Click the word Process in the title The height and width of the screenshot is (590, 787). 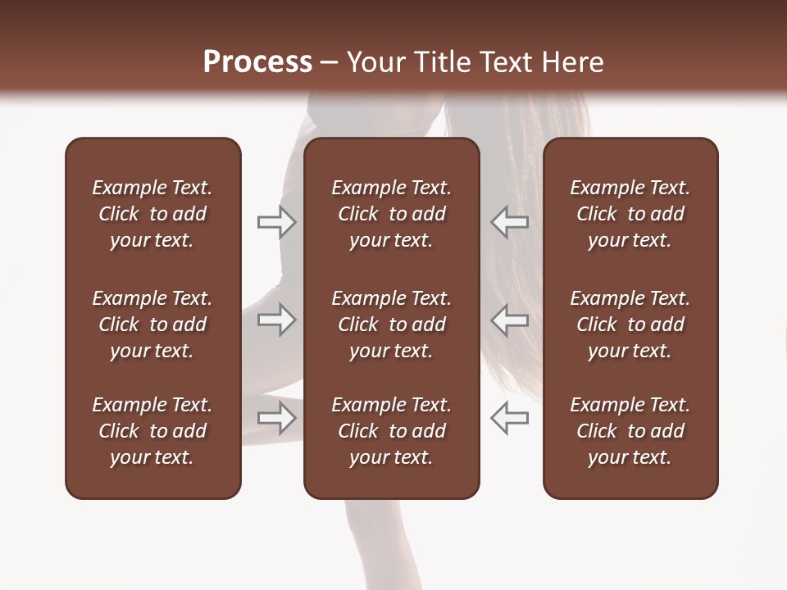[x=257, y=61]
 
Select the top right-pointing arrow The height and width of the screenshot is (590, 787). [x=277, y=222]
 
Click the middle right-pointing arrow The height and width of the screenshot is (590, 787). [x=277, y=320]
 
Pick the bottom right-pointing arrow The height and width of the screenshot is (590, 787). [x=277, y=418]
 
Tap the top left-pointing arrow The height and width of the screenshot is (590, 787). [x=509, y=222]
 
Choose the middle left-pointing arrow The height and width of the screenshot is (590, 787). [x=509, y=320]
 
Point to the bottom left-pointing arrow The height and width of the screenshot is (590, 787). [x=509, y=418]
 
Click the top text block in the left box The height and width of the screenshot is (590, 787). [x=152, y=214]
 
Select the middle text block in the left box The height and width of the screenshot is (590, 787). [x=152, y=324]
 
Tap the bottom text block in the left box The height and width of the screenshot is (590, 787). [x=152, y=431]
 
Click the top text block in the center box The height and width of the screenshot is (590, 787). [x=391, y=214]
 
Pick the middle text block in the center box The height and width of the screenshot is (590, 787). [x=391, y=324]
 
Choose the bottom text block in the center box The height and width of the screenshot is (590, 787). [x=391, y=431]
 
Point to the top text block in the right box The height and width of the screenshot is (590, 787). [x=630, y=214]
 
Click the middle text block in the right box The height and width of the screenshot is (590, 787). [x=630, y=324]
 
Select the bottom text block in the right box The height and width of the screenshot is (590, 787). [x=630, y=431]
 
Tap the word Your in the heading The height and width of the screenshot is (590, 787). [x=375, y=61]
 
